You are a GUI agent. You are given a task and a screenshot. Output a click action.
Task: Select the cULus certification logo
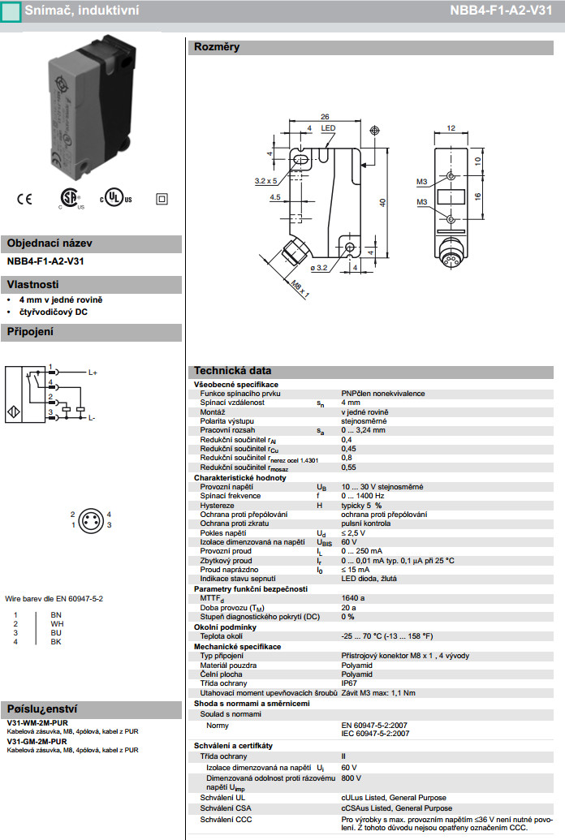tap(115, 199)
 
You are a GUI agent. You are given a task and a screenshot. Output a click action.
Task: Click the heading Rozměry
tap(216, 47)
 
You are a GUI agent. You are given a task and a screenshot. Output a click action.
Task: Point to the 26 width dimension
tap(325, 115)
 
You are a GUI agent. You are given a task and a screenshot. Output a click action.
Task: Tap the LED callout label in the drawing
tap(328, 128)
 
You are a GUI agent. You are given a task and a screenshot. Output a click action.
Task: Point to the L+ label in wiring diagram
tap(93, 372)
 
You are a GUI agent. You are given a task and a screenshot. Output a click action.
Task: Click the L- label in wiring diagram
tap(92, 417)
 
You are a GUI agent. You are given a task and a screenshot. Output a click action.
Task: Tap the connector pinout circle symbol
tap(89, 519)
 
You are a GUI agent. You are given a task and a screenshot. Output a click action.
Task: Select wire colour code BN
tap(56, 614)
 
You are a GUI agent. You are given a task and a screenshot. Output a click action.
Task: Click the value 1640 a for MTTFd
tap(353, 597)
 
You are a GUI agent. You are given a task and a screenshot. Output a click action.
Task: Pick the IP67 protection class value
tap(349, 683)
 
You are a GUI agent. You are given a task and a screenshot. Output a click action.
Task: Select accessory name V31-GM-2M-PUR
tap(37, 742)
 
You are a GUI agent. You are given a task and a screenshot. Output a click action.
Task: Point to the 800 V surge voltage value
tap(350, 778)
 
